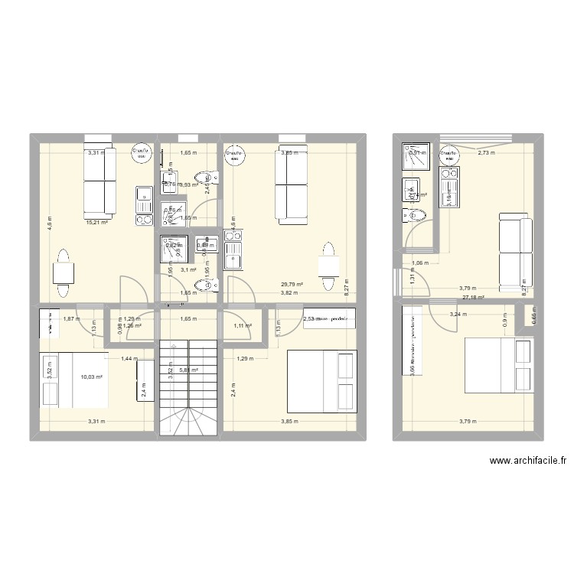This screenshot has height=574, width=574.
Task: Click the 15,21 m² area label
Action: pos(96,223)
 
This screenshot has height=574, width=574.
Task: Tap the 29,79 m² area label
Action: pos(292,284)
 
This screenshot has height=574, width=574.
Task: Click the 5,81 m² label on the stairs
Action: pos(188,370)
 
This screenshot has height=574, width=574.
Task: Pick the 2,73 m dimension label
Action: pos(486,152)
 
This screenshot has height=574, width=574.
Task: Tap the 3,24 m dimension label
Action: pos(458,314)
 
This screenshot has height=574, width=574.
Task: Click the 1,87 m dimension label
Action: pos(70,318)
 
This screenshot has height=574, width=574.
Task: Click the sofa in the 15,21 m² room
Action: pos(99,181)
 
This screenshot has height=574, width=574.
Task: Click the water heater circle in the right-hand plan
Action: pos(448,155)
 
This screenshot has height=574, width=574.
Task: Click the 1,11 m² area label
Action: pos(243,326)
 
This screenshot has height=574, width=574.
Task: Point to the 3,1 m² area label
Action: pos(188,269)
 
